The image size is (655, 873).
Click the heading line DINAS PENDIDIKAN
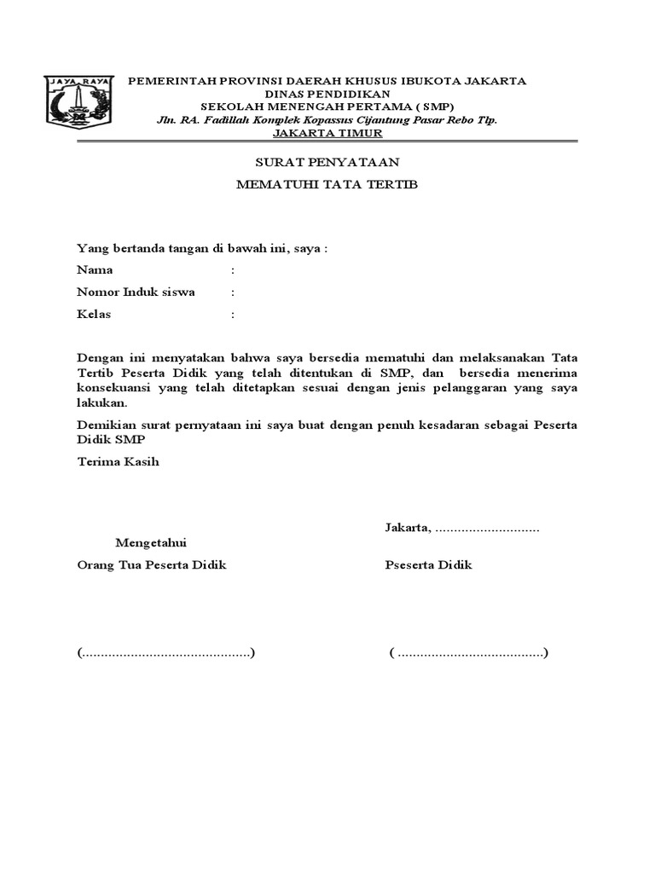(x=327, y=94)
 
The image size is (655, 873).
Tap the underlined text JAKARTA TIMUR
(x=327, y=133)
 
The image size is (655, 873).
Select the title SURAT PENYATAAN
(x=327, y=162)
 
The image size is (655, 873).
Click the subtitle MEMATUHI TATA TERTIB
(x=327, y=185)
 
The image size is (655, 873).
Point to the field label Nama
(x=95, y=270)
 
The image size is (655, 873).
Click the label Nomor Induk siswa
(x=136, y=292)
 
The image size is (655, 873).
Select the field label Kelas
(x=94, y=315)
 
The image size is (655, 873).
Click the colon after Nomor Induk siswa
(x=232, y=292)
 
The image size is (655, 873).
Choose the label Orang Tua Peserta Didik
(x=151, y=565)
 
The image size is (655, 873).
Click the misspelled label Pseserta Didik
(x=428, y=565)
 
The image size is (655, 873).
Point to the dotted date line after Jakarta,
(x=487, y=528)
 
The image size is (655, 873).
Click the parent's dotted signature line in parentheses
(x=166, y=654)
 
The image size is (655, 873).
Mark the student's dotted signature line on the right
(x=469, y=654)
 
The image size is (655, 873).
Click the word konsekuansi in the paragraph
(x=115, y=388)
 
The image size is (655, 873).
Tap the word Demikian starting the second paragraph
(x=105, y=425)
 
